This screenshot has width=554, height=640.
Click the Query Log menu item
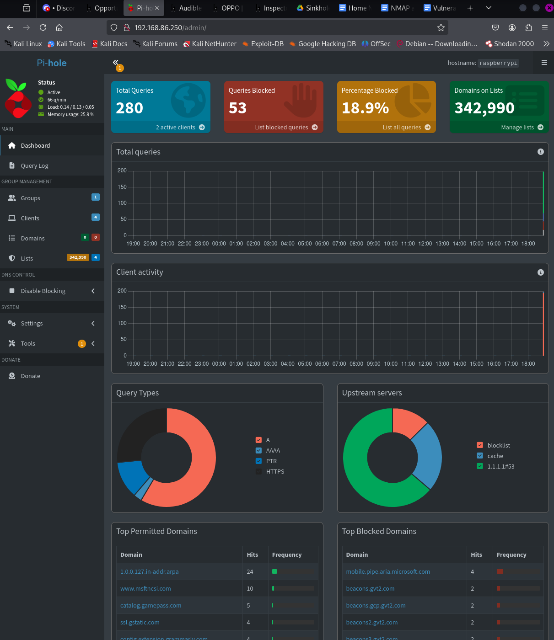(x=34, y=166)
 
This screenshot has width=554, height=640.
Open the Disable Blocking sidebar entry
(x=43, y=291)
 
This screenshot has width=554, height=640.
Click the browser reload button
(x=43, y=27)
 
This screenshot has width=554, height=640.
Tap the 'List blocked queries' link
(x=281, y=128)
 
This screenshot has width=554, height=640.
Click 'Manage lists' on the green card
(x=517, y=128)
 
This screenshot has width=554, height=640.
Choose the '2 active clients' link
(x=176, y=128)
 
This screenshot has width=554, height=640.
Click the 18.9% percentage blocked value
(x=365, y=108)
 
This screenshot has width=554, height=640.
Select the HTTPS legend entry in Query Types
(x=275, y=472)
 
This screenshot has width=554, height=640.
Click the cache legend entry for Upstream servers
(x=495, y=456)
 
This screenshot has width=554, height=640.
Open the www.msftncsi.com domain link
(x=145, y=589)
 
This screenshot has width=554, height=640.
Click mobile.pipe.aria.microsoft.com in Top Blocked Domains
(x=388, y=572)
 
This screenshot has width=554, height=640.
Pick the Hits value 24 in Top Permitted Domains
(x=250, y=572)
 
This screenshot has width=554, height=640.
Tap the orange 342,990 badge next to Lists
(x=78, y=258)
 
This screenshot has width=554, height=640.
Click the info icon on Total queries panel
(x=540, y=152)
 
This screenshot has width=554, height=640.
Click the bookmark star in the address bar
(x=441, y=27)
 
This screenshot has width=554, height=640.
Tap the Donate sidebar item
(x=30, y=376)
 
